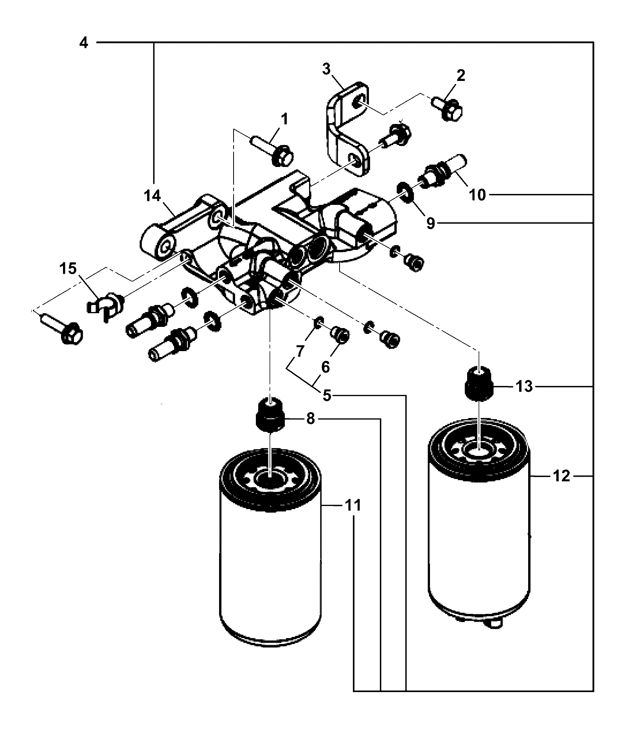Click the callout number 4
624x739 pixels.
[84, 42]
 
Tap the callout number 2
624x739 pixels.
[461, 75]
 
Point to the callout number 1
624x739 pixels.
[284, 120]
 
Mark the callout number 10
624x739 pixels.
[477, 194]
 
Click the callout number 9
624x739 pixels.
[430, 223]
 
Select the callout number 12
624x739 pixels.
[562, 476]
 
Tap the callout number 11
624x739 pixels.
[353, 506]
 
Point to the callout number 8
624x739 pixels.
[310, 419]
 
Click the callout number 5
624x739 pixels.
[327, 396]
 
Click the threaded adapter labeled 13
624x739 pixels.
[479, 384]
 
